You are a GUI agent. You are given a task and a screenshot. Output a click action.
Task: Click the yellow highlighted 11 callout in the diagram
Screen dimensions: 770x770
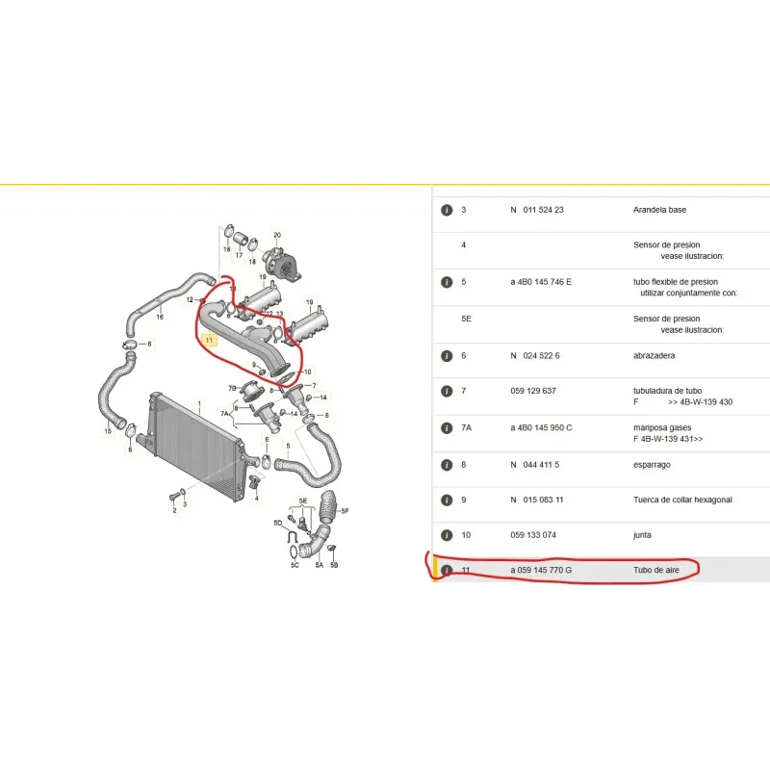pos(209,340)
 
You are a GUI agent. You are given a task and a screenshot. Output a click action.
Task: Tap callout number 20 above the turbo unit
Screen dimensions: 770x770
pos(277,235)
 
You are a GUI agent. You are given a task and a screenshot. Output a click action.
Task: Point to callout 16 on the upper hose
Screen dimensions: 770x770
pos(160,318)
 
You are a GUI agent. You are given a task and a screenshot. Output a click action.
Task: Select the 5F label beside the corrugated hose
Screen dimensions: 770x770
pos(345,511)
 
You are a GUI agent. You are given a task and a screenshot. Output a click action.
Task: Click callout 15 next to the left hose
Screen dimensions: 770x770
pos(108,431)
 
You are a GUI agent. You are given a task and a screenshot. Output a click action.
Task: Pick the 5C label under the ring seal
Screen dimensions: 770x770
pos(295,565)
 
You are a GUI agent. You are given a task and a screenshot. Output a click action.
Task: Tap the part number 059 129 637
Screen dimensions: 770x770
pos(533,391)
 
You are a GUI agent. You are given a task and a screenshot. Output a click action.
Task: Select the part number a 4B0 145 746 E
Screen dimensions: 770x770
pos(541,282)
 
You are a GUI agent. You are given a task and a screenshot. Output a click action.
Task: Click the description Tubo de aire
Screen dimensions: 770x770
pos(656,570)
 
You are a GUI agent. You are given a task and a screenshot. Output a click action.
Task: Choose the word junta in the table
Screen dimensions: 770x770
pos(642,535)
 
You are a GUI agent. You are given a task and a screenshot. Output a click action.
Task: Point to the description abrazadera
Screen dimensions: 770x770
pos(654,355)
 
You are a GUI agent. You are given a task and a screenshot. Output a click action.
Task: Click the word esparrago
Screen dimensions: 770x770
pos(652,465)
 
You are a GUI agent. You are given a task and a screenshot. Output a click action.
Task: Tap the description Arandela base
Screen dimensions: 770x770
pos(659,210)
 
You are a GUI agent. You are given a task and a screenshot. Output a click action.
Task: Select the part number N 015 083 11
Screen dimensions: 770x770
pos(537,500)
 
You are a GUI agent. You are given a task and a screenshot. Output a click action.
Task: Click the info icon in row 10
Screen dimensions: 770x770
pos(447,535)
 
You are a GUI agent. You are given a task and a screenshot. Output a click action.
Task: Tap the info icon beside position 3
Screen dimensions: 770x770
pos(447,210)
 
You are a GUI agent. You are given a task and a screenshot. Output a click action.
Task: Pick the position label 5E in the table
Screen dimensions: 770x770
pos(466,319)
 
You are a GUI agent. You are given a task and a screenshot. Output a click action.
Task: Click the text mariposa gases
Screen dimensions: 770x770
pos(662,427)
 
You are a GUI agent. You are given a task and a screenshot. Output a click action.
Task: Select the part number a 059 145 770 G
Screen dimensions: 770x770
pos(541,570)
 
